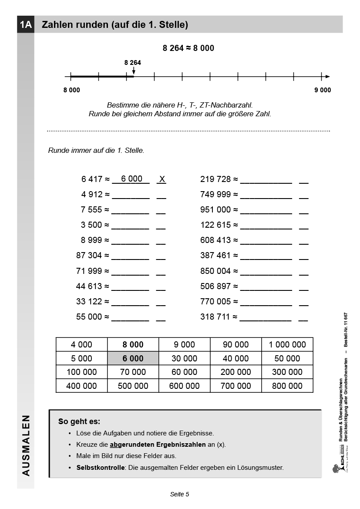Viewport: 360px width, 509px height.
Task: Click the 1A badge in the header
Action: pos(26,25)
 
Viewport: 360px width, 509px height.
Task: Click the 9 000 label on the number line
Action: pos(323,90)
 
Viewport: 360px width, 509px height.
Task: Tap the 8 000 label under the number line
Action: pos(71,90)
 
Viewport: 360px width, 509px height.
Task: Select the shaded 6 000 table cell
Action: pos(133,358)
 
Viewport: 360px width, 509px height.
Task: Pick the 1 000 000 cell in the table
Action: pos(287,344)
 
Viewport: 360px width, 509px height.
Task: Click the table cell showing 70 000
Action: pos(133,372)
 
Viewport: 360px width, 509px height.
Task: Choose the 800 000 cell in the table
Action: pos(287,386)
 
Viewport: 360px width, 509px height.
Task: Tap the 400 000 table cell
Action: pos(81,386)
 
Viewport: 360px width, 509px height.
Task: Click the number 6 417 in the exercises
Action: pos(91,179)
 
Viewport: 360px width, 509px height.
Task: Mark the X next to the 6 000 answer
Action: pos(162,179)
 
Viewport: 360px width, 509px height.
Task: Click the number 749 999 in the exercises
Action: pos(215,194)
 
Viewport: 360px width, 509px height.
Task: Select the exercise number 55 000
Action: pos(89,317)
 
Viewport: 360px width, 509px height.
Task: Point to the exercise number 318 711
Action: pos(215,317)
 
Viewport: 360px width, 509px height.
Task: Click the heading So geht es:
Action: pos(79,421)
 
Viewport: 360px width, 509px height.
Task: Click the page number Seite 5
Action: pos(179,494)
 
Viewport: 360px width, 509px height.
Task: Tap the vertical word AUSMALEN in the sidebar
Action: pos(26,445)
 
